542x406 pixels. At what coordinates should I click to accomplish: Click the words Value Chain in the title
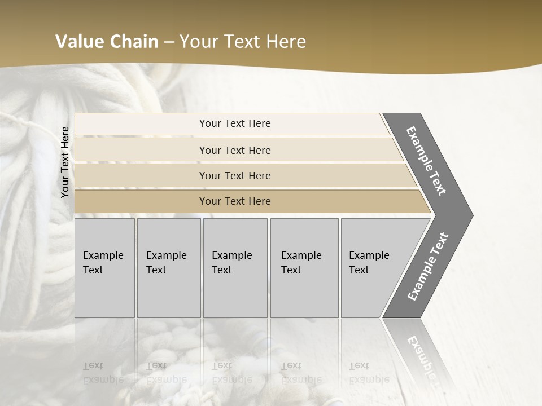[107, 42]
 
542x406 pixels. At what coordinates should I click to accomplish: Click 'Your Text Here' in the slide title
[243, 42]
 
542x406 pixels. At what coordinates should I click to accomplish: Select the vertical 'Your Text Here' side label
[65, 162]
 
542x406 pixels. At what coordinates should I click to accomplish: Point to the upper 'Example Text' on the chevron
[427, 161]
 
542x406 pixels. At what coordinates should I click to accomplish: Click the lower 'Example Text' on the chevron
[428, 267]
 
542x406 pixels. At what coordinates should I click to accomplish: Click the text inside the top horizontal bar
[235, 123]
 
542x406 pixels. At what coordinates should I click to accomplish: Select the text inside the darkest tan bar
[235, 201]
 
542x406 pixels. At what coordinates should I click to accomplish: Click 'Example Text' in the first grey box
[103, 263]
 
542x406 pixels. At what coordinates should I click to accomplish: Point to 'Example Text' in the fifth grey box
[369, 263]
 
